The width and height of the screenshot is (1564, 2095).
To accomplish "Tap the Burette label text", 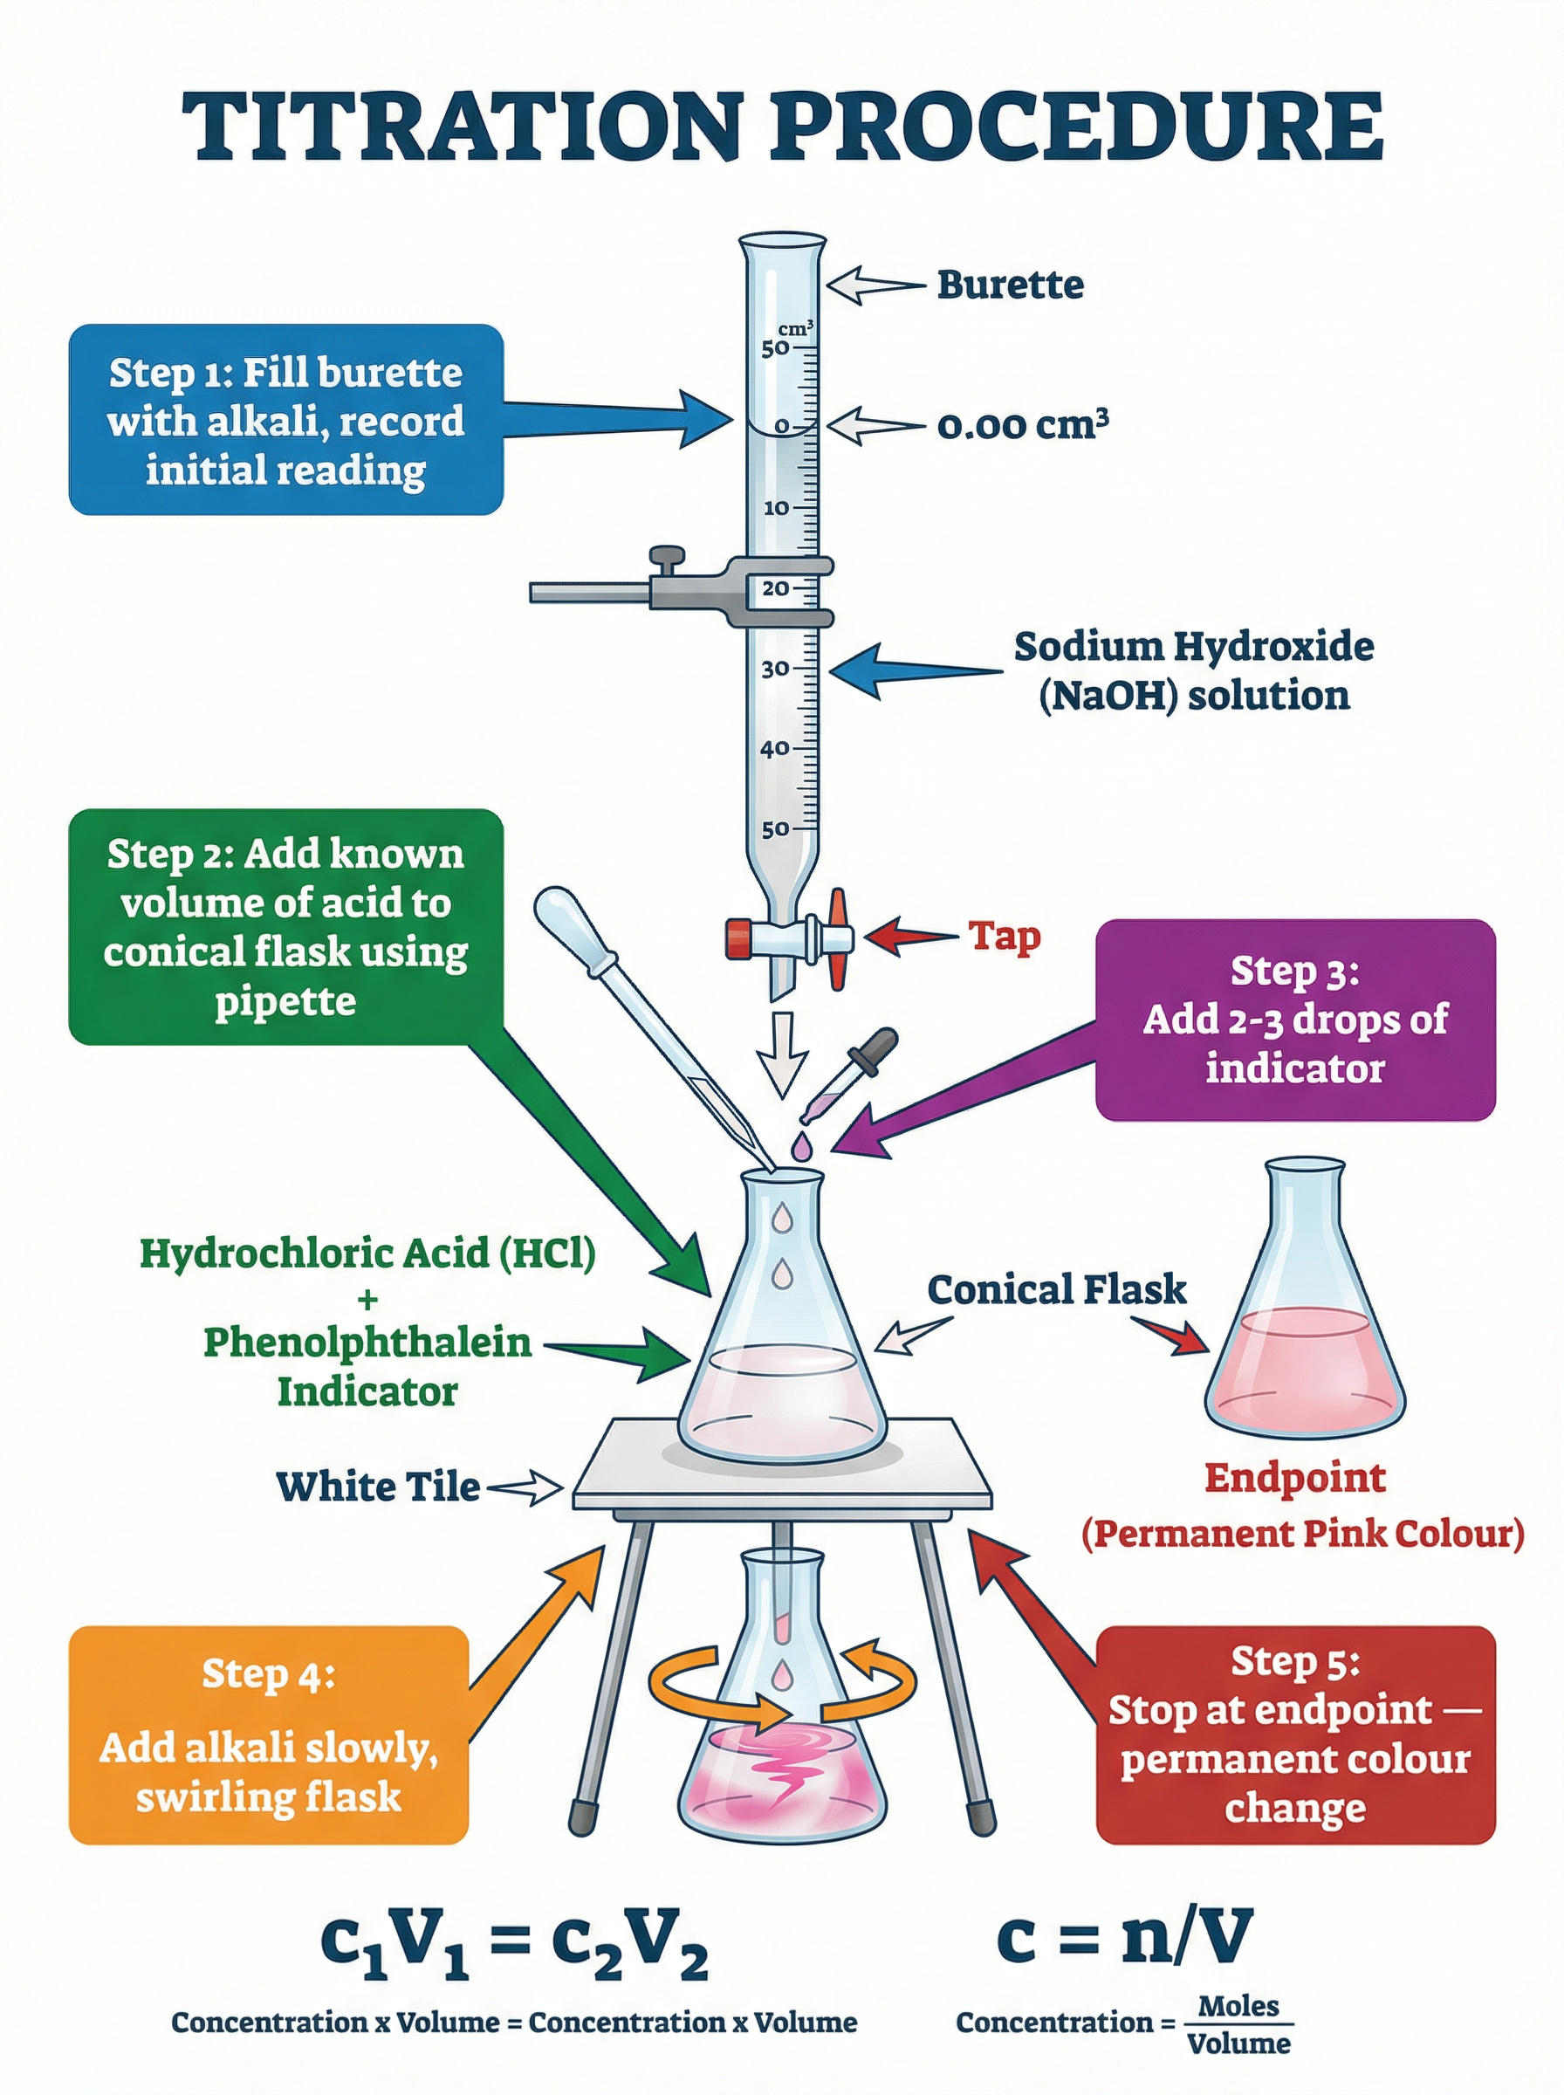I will tap(1010, 284).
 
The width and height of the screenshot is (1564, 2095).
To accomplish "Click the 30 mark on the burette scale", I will tap(774, 669).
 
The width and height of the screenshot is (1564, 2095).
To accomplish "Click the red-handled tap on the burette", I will tap(837, 938).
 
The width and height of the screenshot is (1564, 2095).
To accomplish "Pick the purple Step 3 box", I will tap(1294, 1020).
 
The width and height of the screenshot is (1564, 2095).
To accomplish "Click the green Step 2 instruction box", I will tap(285, 926).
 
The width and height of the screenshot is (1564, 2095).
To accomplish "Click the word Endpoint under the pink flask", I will tap(1294, 1478).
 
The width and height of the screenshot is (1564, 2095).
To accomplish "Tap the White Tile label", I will tap(378, 1487).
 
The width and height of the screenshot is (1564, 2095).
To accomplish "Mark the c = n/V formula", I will tap(1124, 1936).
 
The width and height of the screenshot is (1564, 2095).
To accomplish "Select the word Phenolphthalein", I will tap(367, 1342).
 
